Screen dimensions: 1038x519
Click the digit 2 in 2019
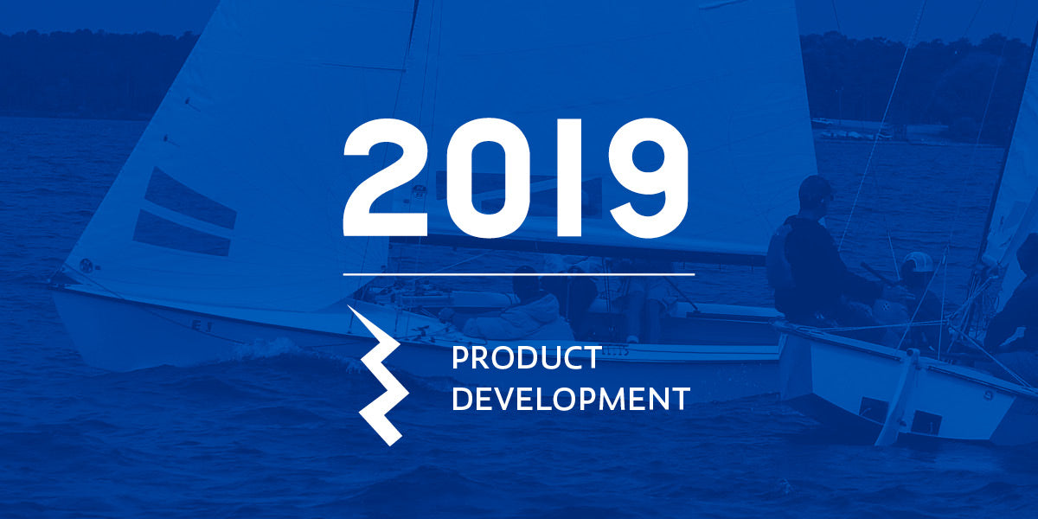click(x=385, y=178)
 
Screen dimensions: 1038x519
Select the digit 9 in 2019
click(x=648, y=178)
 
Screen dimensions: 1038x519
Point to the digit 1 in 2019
click(x=568, y=178)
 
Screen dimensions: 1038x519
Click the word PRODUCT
click(x=527, y=358)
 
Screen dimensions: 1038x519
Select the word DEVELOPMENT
click(x=571, y=399)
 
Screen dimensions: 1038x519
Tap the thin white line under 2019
click(x=519, y=274)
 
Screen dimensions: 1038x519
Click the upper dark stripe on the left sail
click(x=191, y=198)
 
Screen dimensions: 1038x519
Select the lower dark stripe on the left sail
click(x=183, y=233)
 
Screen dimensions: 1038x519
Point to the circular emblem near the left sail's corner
click(x=86, y=266)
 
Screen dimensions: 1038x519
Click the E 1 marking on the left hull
click(x=202, y=326)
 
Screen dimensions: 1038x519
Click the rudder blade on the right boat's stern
click(x=897, y=399)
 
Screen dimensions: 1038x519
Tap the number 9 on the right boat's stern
click(x=988, y=394)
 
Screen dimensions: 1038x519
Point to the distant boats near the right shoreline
click(x=853, y=132)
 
